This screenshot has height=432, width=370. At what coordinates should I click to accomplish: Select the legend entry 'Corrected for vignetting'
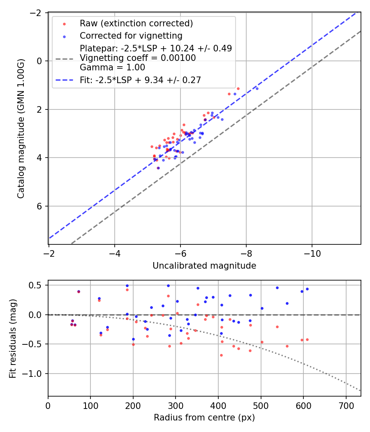[131, 35]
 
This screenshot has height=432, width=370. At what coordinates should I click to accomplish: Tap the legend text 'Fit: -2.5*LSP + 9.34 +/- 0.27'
[140, 80]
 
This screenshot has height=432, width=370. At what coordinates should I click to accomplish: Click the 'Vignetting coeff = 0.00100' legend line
[138, 58]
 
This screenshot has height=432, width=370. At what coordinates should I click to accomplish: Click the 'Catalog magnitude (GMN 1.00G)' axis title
[21, 129]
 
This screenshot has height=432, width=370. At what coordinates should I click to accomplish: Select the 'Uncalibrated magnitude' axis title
[204, 266]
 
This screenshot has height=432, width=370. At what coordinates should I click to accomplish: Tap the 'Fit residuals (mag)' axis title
[12, 338]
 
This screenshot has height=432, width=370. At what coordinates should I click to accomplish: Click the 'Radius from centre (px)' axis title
[204, 418]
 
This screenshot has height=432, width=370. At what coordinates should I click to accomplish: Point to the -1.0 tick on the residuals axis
[35, 374]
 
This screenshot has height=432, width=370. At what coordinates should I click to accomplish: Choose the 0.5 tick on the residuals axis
[38, 285]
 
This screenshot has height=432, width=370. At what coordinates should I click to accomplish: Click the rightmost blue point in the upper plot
[257, 88]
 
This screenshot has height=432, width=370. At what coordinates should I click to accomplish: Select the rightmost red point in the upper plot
[238, 88]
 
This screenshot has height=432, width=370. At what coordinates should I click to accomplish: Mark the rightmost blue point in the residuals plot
[307, 289]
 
